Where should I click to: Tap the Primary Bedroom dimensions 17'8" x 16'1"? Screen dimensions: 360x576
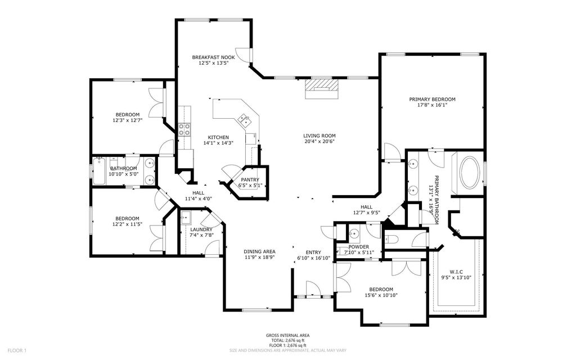coord(432,105)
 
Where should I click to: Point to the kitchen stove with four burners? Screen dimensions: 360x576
coord(184,130)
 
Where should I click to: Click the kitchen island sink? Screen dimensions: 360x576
coord(244,119)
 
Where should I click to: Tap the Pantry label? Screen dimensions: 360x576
coord(250,179)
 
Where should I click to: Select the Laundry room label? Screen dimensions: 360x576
coord(201,229)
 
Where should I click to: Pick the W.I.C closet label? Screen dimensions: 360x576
coord(457,271)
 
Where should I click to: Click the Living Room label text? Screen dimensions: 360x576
coord(319,136)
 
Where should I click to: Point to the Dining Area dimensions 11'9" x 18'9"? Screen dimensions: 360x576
coord(259,258)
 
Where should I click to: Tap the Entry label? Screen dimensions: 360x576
coord(313,252)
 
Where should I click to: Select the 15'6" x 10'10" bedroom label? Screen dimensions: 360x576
coord(382,289)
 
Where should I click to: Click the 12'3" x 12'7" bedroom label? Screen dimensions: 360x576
coord(127,115)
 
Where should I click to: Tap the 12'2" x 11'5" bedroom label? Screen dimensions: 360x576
coord(127,218)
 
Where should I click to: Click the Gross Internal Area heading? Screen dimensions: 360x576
coord(287,335)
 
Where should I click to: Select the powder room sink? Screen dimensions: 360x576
coord(354,234)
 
